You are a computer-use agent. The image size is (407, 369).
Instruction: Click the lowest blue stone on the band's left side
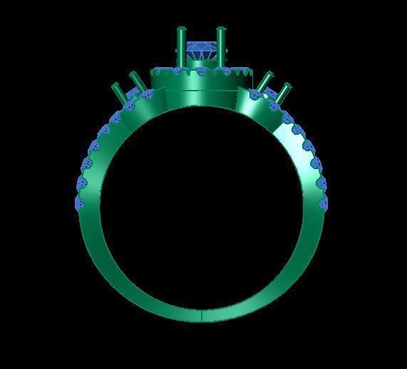click(80, 203)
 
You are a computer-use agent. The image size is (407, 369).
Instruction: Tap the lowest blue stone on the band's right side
click(324, 203)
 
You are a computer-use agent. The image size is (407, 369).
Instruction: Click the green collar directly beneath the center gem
click(202, 66)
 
